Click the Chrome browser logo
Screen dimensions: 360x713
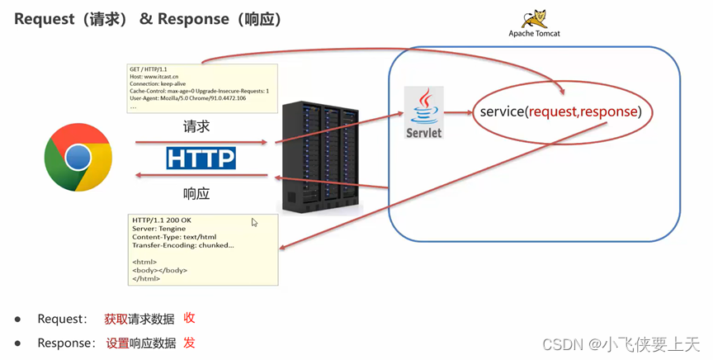(78, 157)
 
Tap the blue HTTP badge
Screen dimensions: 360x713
(201, 158)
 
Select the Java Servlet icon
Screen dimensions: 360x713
(424, 112)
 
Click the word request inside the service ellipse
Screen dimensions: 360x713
(553, 111)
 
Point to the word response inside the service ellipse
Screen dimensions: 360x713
(609, 111)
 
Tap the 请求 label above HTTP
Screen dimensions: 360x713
(196, 127)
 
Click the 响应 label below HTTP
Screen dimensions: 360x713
(196, 193)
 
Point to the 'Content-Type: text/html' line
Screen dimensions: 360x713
(174, 237)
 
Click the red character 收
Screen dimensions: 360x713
(189, 318)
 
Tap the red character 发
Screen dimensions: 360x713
(189, 342)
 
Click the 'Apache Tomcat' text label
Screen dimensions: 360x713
(534, 34)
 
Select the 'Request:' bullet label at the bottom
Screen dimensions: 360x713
(62, 319)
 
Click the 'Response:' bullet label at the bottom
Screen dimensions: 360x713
(66, 343)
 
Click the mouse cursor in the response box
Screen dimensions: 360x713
(254, 222)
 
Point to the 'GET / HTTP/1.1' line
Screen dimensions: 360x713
(149, 69)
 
